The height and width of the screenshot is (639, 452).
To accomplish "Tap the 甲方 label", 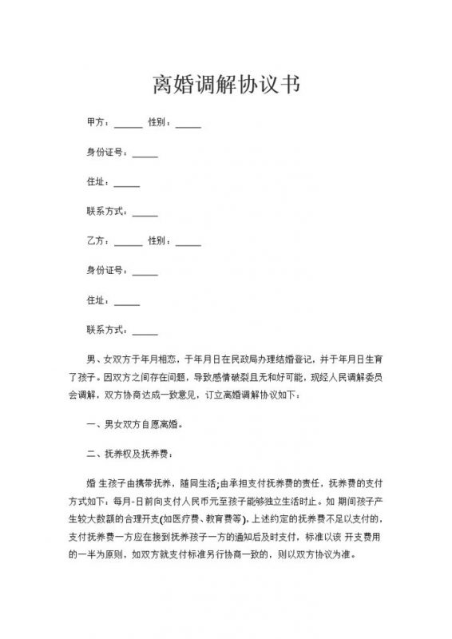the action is pyautogui.click(x=96, y=124).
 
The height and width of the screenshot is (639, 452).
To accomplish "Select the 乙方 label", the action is pyautogui.click(x=96, y=241).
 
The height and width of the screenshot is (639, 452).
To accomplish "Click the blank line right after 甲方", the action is pyautogui.click(x=128, y=125).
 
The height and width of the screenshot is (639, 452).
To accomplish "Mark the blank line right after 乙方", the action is pyautogui.click(x=128, y=243).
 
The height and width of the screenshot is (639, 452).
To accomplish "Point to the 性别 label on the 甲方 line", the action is pyautogui.click(x=157, y=124).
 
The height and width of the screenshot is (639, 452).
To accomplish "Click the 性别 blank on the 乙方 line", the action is pyautogui.click(x=188, y=243).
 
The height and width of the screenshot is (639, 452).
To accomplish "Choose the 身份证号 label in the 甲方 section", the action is pyautogui.click(x=104, y=153).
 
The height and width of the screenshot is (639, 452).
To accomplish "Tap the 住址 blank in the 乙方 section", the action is pyautogui.click(x=127, y=302).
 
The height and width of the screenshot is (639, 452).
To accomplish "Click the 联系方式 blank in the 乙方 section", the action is pyautogui.click(x=145, y=331).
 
